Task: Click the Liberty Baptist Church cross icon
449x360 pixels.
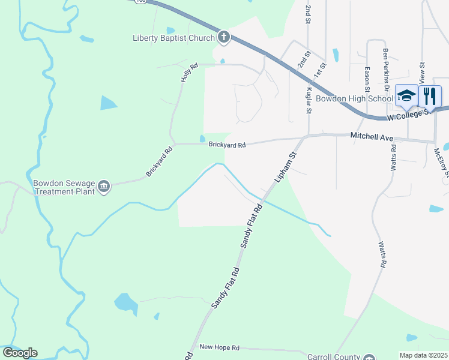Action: [223, 38]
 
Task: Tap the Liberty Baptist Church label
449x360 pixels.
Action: [173, 38]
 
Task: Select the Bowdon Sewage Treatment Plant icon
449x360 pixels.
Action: [104, 187]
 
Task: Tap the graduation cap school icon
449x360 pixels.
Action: [406, 95]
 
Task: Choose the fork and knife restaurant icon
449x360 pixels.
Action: [430, 95]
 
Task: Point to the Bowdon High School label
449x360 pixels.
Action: [354, 98]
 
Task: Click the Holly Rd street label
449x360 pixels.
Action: [189, 73]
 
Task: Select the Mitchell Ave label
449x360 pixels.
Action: [372, 137]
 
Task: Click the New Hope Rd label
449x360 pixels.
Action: [219, 347]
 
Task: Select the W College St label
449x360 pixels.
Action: [411, 114]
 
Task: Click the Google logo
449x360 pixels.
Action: [20, 353]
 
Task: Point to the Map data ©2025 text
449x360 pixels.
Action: [423, 355]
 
